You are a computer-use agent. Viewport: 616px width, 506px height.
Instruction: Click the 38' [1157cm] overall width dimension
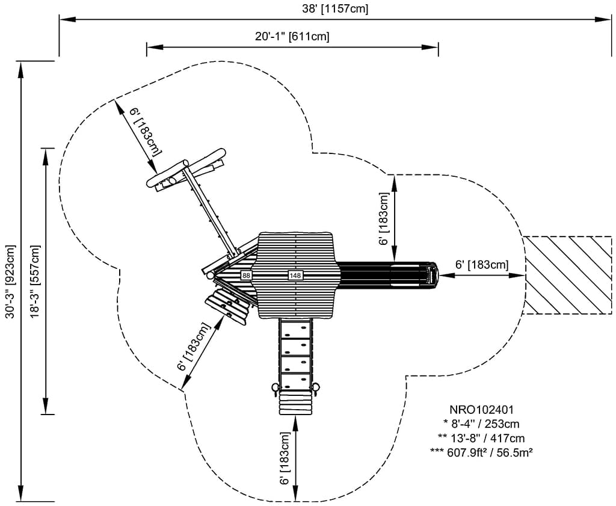pyautogui.click(x=336, y=8)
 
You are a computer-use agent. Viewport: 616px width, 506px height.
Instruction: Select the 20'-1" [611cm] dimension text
pyautogui.click(x=292, y=36)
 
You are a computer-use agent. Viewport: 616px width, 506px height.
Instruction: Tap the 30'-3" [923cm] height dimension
pyautogui.click(x=10, y=281)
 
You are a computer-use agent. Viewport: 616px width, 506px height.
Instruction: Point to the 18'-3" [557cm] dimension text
pyautogui.click(x=34, y=281)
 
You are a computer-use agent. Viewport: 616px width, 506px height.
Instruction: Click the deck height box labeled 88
pyautogui.click(x=245, y=275)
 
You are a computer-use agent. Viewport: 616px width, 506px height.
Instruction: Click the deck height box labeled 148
pyautogui.click(x=295, y=275)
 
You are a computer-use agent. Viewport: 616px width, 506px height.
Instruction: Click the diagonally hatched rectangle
pyautogui.click(x=568, y=275)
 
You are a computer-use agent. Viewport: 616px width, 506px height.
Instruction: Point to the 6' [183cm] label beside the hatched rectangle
pyautogui.click(x=481, y=264)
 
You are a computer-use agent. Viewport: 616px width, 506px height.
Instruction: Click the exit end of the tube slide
pyautogui.click(x=431, y=275)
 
